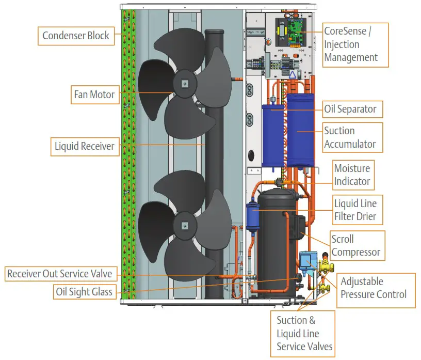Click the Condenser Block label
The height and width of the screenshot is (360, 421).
pos(76,36)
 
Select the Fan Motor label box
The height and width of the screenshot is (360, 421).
pos(95,95)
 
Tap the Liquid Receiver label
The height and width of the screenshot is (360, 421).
pos(84,146)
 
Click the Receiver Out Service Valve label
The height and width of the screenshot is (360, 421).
pos(59,274)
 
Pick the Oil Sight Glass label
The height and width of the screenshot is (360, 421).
pos(84,292)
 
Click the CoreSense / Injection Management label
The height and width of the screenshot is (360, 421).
pos(351,44)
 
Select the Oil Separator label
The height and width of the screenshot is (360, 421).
pos(350,109)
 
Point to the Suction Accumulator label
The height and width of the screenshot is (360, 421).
pos(350,137)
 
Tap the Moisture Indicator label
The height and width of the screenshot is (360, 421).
pos(352,175)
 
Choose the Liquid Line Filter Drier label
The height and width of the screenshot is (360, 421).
pos(355,210)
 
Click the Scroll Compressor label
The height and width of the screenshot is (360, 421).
pos(355,246)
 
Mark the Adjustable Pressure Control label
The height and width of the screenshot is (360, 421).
pos(373,288)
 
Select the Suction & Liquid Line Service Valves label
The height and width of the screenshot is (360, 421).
pos(304,334)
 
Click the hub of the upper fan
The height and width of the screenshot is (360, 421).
pos(184,83)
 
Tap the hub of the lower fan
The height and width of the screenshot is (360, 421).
pos(184,225)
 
